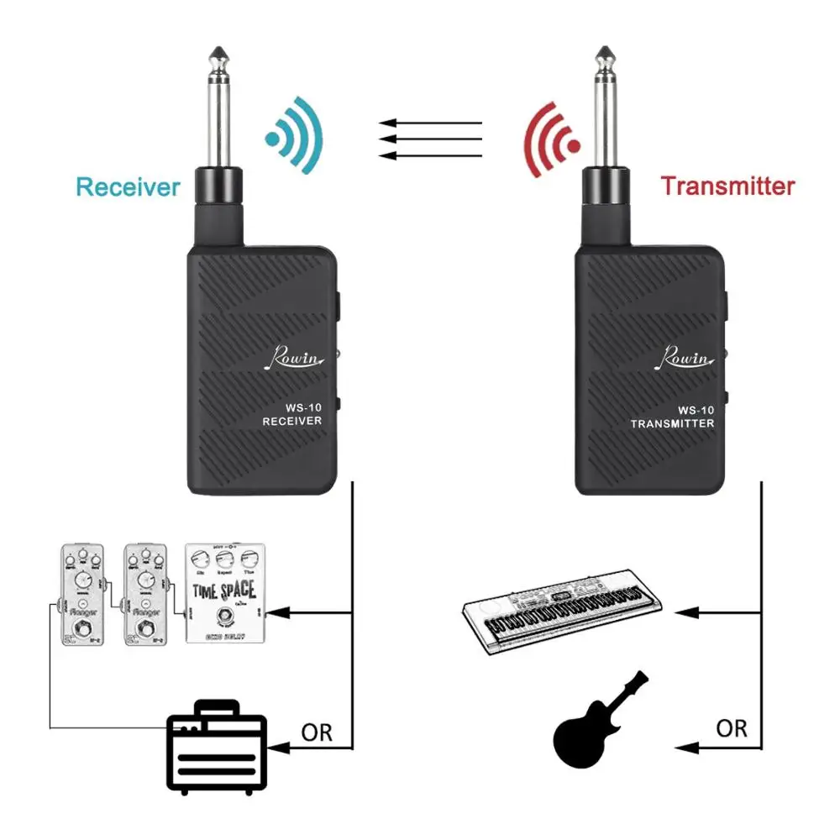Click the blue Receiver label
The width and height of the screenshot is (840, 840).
[x=128, y=186]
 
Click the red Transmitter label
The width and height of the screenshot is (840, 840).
[x=727, y=186]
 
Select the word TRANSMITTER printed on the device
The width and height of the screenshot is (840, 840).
[x=673, y=423]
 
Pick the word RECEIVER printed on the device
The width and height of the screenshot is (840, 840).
[x=292, y=421]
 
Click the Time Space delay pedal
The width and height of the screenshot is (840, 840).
[x=224, y=591]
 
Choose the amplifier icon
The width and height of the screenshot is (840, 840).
[x=217, y=748]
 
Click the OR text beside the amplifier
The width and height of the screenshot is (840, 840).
[x=317, y=732]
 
